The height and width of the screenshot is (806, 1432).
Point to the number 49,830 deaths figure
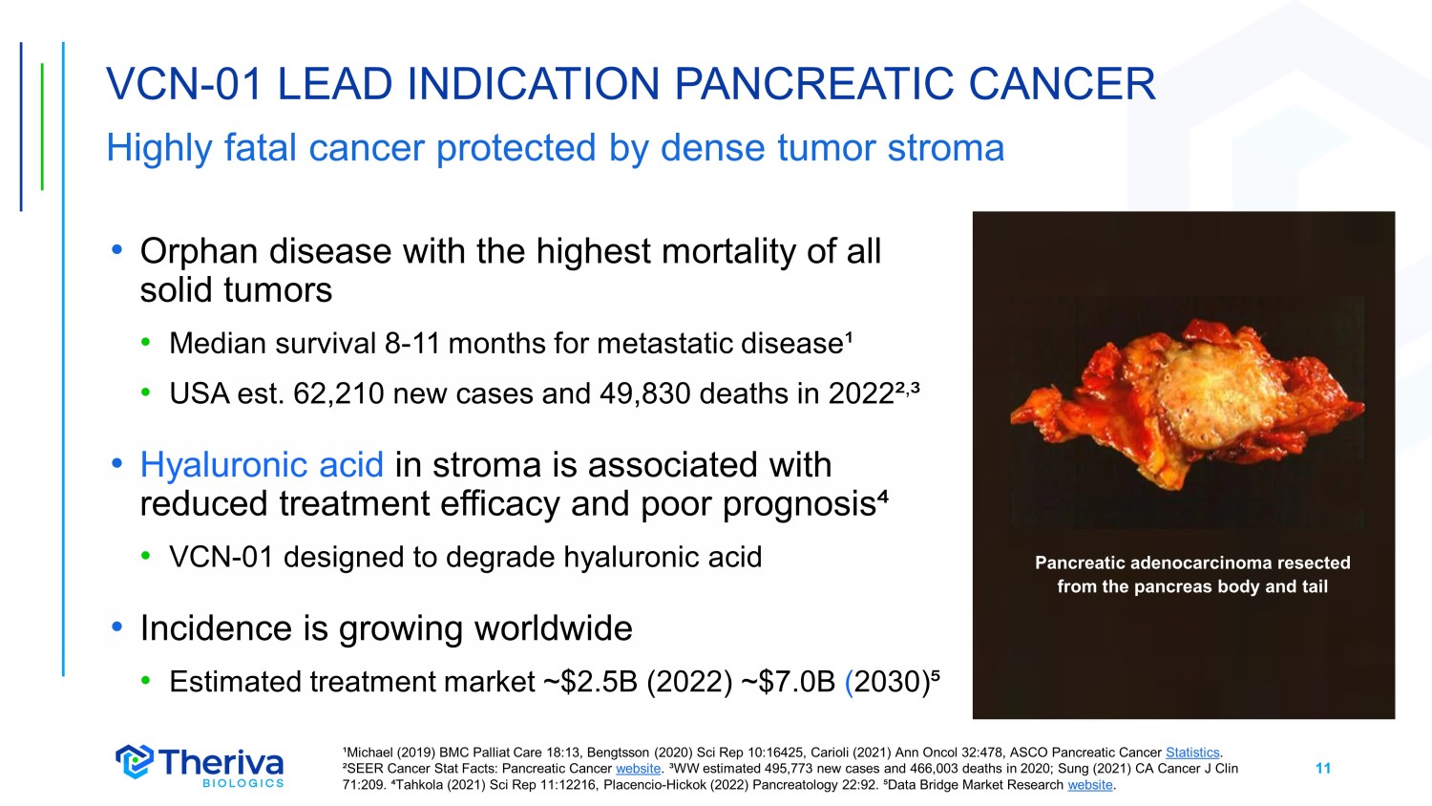645,394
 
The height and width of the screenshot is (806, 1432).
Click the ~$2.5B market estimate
591,682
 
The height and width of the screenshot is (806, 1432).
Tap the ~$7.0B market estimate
789,682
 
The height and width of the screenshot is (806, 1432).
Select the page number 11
1323,768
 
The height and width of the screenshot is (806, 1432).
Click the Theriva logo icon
135,761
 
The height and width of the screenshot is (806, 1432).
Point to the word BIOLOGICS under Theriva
242,783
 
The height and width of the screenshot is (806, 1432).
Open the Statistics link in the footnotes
1193,753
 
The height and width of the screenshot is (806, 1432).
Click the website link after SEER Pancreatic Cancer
638,768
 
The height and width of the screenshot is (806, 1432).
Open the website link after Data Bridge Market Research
1090,785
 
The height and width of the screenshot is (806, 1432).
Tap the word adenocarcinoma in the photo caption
1203,562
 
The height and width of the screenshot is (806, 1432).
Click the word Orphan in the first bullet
201,252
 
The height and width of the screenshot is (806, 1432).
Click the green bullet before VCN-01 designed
146,557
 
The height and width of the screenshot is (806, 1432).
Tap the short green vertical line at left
42,127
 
